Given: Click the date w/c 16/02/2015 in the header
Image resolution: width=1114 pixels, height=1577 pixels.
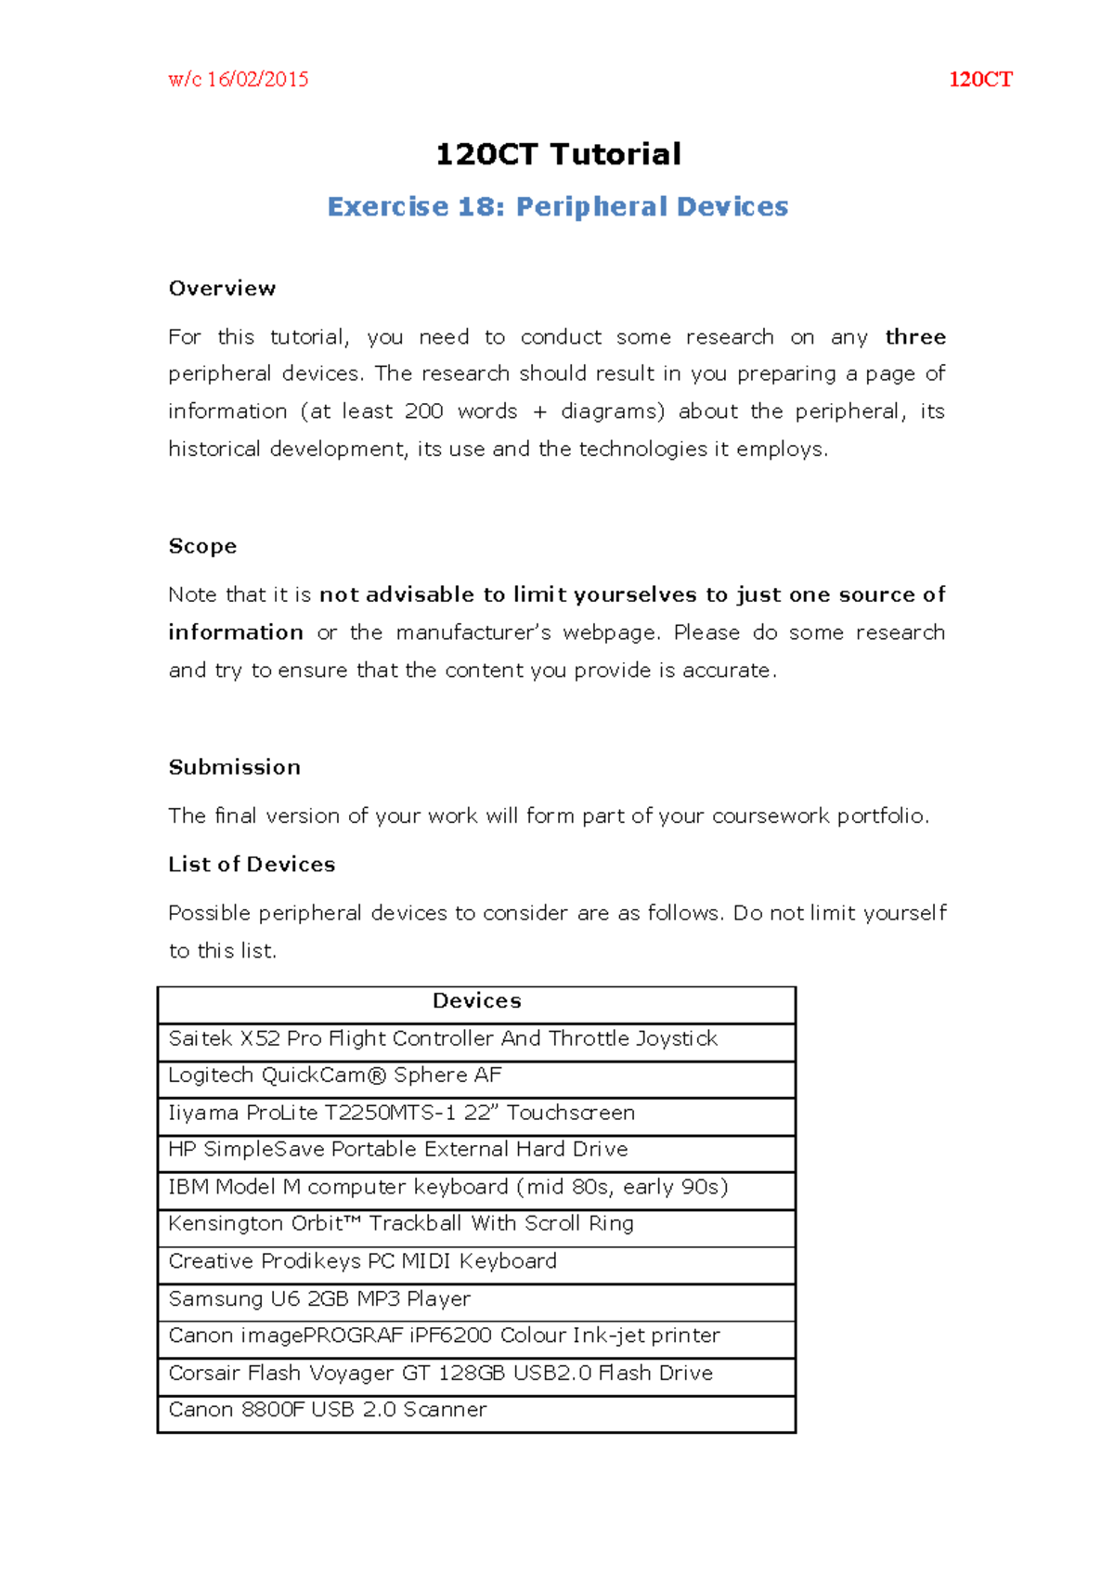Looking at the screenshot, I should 238,80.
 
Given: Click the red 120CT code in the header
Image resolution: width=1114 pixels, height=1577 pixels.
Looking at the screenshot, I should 979,80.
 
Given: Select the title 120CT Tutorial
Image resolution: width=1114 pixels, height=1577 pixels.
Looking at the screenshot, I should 557,154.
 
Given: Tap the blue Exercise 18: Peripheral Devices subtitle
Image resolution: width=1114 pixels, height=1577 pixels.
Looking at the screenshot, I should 557,206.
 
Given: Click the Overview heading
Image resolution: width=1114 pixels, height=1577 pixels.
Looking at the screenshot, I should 222,289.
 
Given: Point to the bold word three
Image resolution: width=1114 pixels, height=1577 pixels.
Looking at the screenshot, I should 914,337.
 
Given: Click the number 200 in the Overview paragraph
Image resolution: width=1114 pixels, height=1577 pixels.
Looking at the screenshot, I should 423,411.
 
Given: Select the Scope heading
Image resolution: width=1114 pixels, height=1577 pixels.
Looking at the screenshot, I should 202,546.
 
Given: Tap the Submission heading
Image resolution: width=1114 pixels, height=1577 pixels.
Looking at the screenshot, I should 234,767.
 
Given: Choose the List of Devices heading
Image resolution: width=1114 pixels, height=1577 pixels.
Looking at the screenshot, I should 252,865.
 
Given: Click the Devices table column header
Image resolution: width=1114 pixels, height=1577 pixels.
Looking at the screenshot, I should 476,1001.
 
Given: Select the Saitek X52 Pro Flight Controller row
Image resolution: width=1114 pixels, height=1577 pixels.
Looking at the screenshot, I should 443,1038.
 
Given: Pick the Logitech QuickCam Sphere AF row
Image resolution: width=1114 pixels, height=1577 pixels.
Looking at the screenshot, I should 334,1075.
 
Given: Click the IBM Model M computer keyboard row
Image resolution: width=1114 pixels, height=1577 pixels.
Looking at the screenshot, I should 447,1187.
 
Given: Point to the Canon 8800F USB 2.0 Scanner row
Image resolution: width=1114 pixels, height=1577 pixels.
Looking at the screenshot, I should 327,1410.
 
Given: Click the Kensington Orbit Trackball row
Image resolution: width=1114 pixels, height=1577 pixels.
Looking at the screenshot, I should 400,1224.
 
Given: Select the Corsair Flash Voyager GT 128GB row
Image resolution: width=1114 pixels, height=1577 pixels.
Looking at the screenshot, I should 440,1373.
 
